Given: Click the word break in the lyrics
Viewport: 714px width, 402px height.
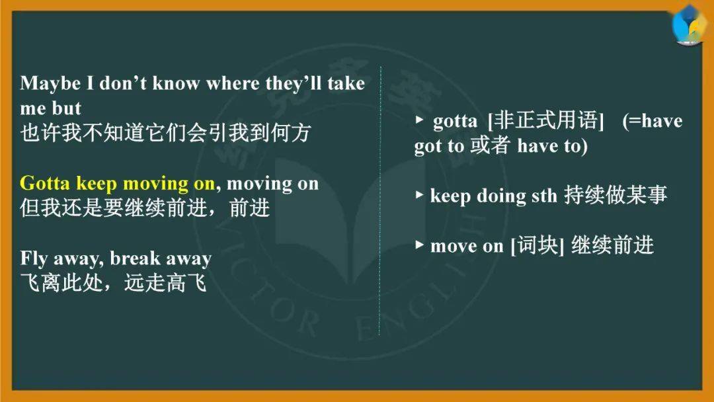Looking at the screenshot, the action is [135, 258].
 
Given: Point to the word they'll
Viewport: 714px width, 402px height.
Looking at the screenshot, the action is [294, 84].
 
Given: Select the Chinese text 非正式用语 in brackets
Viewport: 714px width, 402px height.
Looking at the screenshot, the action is [545, 120].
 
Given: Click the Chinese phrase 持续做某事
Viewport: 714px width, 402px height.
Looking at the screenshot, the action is [615, 195].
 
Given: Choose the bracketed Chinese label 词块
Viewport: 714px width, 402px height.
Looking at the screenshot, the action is [537, 245].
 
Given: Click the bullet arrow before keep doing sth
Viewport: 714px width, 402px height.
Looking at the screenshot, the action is [419, 195].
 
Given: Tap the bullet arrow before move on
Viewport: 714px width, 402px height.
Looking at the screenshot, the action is [419, 245].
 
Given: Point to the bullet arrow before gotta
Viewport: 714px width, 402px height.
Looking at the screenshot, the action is [419, 120].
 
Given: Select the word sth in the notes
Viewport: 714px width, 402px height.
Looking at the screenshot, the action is [544, 196].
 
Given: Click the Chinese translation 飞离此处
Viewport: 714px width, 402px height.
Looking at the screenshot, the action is [61, 283].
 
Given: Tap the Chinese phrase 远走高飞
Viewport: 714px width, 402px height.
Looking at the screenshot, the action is [165, 283].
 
